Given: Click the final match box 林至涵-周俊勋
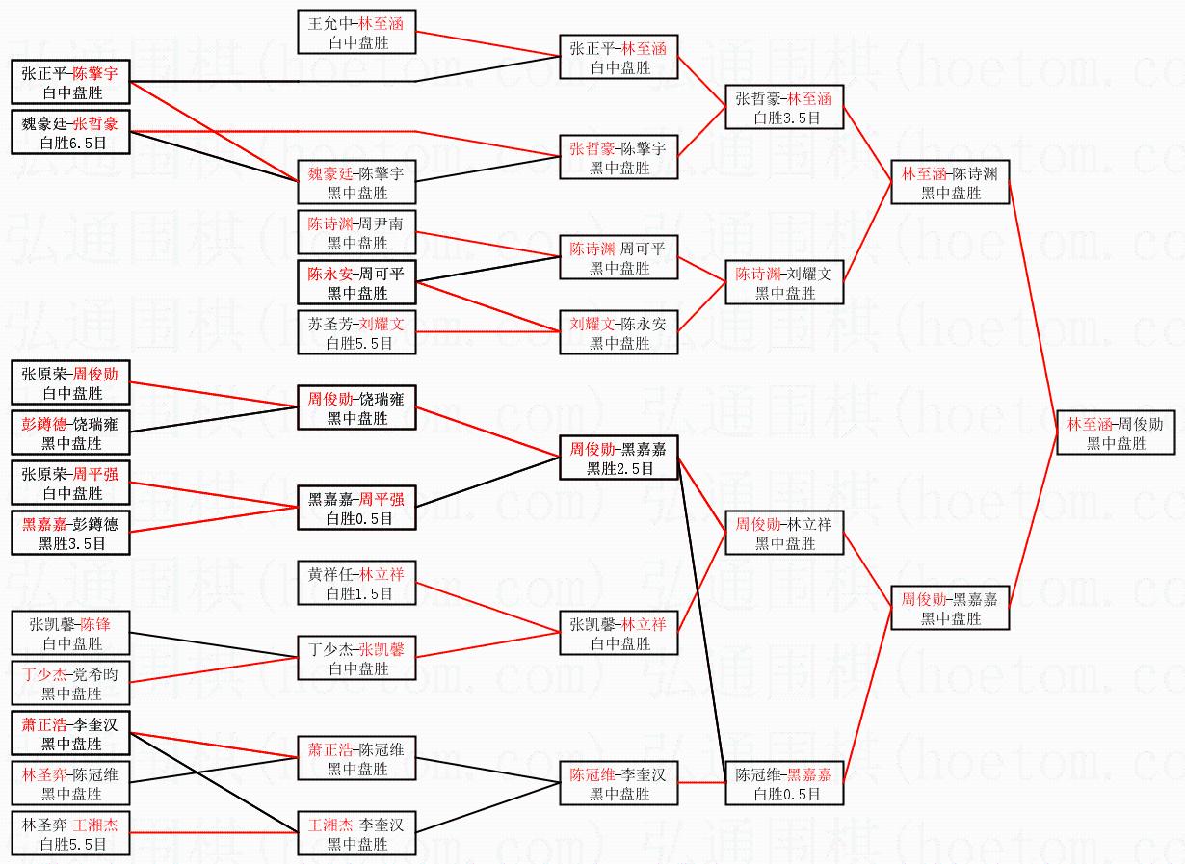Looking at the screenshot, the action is (x=1116, y=432).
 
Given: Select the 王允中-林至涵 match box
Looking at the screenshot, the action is (x=356, y=32).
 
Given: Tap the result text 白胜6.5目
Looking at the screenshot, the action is (x=73, y=143).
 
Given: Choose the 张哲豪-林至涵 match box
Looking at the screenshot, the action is (x=784, y=107).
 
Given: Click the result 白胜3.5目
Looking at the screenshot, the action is (x=787, y=118).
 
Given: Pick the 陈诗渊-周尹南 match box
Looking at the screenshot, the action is (x=356, y=232).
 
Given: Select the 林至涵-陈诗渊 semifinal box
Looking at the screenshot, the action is (x=950, y=182).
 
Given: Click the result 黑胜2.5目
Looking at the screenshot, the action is (x=619, y=468).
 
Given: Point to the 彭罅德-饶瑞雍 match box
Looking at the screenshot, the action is (x=71, y=432).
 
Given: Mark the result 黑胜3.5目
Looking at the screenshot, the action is (x=72, y=543).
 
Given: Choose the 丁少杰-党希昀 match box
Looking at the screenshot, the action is (x=71, y=683).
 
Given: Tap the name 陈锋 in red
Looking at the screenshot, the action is (x=95, y=624).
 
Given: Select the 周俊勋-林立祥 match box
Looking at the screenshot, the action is (x=784, y=533).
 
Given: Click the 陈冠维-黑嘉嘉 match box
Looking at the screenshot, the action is (x=784, y=783).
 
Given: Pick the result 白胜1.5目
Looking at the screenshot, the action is (x=358, y=593).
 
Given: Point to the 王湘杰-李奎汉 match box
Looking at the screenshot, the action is (x=356, y=833).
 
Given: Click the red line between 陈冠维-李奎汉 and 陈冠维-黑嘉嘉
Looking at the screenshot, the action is (x=701, y=782).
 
